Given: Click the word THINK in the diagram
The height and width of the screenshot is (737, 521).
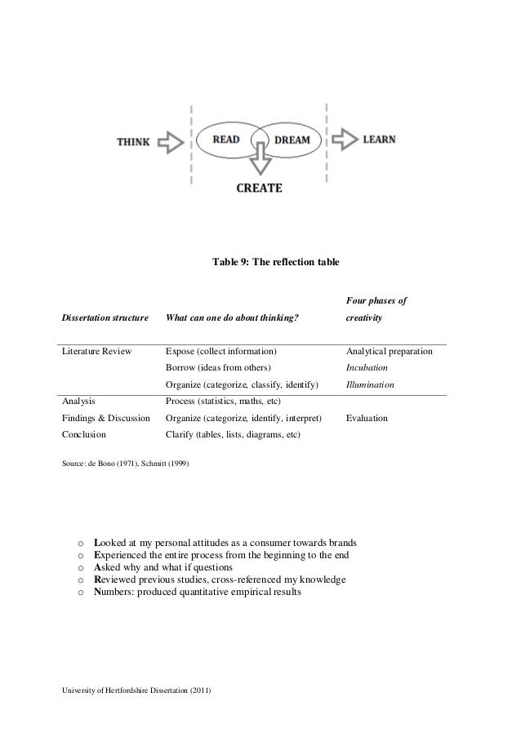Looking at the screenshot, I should pos(133,141).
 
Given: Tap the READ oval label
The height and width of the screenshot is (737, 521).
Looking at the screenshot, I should pos(226,139).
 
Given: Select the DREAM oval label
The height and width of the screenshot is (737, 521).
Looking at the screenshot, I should pos(292,140).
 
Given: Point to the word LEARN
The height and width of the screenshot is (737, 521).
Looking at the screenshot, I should pos(381,139).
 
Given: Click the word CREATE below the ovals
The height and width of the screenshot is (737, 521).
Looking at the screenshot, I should pos(260,188).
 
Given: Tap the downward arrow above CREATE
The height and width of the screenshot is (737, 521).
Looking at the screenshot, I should pos(260,160).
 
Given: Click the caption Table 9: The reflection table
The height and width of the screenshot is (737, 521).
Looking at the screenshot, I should pos(276,263).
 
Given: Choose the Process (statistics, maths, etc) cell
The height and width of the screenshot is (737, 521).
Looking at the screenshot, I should pos(223,402).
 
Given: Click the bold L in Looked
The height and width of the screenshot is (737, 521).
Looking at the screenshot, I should pos(98,543).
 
